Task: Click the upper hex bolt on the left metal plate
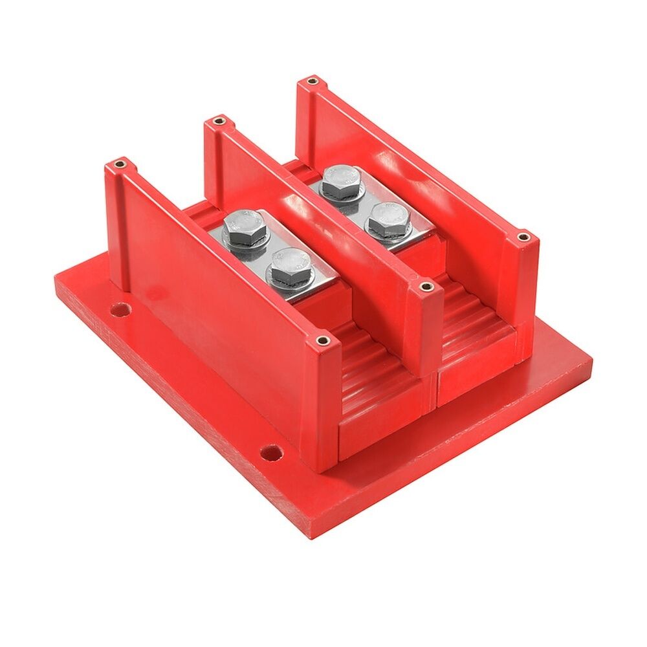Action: (x=245, y=228)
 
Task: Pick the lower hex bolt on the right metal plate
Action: (x=388, y=220)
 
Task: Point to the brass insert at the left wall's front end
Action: (x=322, y=340)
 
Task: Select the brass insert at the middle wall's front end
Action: (x=425, y=286)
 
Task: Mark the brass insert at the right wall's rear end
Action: (x=312, y=82)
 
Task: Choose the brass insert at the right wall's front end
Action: (x=522, y=237)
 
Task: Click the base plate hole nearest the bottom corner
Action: (x=271, y=451)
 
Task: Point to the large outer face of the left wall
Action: (x=214, y=304)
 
